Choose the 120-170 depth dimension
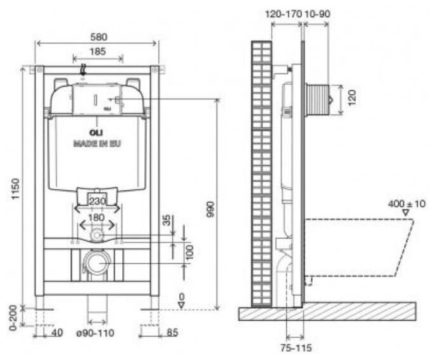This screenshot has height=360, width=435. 283,13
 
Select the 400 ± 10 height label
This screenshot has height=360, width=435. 408,204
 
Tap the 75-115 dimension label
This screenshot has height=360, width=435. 297,347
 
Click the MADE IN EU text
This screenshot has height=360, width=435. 96,144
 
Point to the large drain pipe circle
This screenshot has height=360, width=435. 96,262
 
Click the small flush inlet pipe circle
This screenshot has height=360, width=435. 96,235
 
